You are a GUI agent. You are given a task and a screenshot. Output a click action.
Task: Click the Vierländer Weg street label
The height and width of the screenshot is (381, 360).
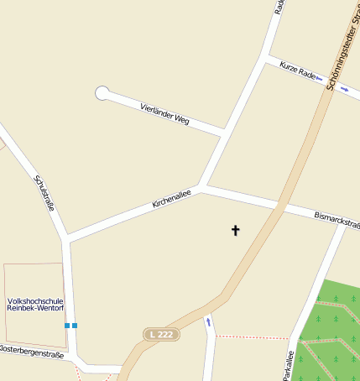(165, 116)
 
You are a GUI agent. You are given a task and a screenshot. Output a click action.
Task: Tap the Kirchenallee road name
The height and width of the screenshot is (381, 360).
(171, 199)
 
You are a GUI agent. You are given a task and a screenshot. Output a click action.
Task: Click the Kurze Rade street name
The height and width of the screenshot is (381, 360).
(298, 70)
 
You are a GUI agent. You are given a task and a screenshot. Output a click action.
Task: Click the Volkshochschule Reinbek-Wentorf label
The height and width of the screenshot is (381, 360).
(34, 304)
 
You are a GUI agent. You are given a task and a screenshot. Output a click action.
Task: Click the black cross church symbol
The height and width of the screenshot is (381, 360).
(235, 229)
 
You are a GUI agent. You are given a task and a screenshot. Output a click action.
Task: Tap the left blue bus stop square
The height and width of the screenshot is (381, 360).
(66, 325)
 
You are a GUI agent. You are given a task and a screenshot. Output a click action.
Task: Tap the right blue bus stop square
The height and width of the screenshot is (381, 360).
(75, 325)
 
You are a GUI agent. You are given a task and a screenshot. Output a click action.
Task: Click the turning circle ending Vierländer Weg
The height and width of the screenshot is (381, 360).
(102, 93)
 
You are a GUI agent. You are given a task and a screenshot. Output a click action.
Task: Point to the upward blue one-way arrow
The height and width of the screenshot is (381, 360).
(208, 321)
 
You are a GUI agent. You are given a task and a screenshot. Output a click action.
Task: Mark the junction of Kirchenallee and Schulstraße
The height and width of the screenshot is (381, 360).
(67, 240)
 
